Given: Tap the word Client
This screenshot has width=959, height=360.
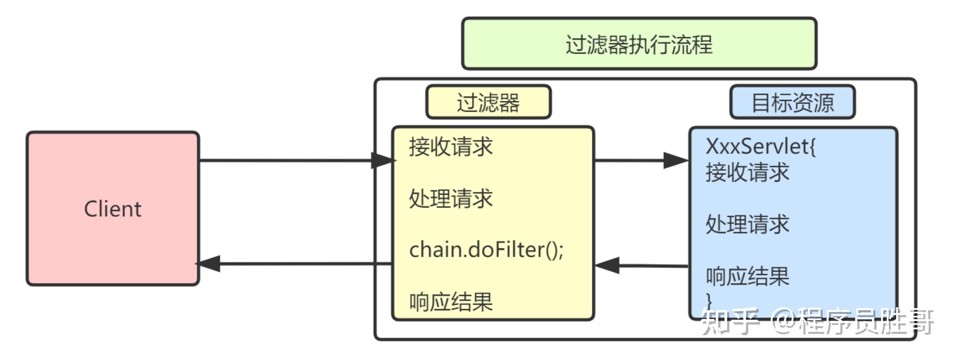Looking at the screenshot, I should [113, 209].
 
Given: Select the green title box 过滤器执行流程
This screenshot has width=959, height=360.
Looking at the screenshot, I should [639, 44].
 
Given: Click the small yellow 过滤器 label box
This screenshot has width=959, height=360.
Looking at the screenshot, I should [488, 102].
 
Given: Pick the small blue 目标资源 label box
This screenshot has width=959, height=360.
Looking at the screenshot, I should [792, 102].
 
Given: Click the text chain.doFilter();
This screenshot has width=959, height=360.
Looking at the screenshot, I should [486, 250].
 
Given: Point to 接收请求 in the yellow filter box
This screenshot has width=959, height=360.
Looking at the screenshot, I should [451, 147].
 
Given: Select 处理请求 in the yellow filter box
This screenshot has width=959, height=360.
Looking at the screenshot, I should [451, 198].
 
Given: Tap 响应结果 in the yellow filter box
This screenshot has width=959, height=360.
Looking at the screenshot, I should [451, 302].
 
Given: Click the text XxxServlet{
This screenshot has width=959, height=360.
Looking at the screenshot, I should [761, 147].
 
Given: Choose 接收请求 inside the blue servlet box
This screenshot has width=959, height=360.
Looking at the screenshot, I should [748, 172].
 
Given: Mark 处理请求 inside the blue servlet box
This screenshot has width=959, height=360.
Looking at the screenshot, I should [748, 224].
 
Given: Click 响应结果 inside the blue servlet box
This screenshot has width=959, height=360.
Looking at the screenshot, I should [748, 276].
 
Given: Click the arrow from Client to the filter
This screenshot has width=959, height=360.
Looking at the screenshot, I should [288, 160].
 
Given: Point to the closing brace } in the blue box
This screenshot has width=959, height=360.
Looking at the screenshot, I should [709, 300].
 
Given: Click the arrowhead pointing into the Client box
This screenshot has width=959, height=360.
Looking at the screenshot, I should [208, 264].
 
